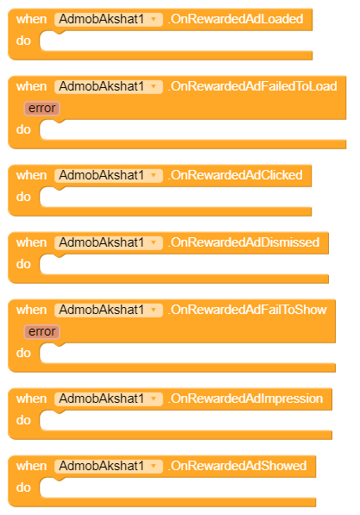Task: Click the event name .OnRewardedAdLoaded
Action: click(236, 19)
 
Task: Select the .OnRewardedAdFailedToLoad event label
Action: click(252, 86)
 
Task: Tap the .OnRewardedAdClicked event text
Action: click(235, 175)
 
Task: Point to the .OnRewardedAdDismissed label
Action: click(243, 242)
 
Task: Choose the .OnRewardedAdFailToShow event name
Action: click(247, 310)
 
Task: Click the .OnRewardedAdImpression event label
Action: click(245, 399)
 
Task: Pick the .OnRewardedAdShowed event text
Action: click(237, 466)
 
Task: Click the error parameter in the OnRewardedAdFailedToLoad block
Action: click(41, 109)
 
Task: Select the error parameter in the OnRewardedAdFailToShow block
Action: click(41, 332)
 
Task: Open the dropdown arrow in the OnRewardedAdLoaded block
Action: click(154, 19)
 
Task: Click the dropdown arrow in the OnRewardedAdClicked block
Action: click(154, 175)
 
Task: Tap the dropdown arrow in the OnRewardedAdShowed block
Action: click(154, 466)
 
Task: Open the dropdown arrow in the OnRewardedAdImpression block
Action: click(154, 399)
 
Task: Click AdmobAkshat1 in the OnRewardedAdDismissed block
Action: click(102, 242)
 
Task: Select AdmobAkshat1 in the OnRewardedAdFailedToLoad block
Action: click(102, 86)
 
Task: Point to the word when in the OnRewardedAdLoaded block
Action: click(32, 19)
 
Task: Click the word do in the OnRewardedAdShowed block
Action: click(23, 487)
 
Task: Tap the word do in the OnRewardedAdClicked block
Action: click(23, 197)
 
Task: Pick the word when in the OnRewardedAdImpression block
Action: click(32, 399)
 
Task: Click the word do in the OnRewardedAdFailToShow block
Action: click(23, 353)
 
